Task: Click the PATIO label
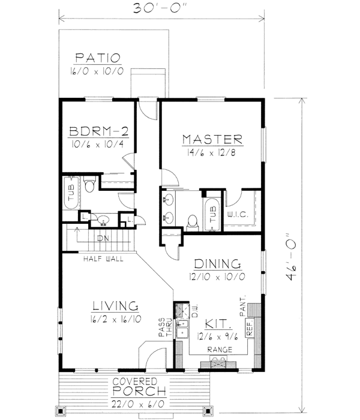pyautogui.click(x=98, y=58)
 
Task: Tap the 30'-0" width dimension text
pyautogui.click(x=160, y=8)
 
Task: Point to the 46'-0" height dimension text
pyautogui.click(x=290, y=257)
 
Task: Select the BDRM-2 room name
pyautogui.click(x=98, y=131)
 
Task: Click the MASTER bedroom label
pyautogui.click(x=212, y=140)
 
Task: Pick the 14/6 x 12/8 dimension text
pyautogui.click(x=211, y=153)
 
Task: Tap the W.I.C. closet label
pyautogui.click(x=238, y=214)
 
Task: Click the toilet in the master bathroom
pyautogui.click(x=193, y=223)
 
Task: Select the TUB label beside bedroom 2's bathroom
pyautogui.click(x=71, y=192)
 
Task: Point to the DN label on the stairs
pyautogui.click(x=103, y=238)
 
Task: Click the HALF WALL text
pyautogui.click(x=103, y=259)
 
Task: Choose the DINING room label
pyautogui.click(x=217, y=264)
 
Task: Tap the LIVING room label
pyautogui.click(x=115, y=306)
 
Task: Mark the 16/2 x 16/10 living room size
pyautogui.click(x=116, y=319)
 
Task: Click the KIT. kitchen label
pyautogui.click(x=218, y=324)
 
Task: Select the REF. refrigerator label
pyautogui.click(x=250, y=328)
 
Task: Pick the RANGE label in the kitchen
pyautogui.click(x=220, y=350)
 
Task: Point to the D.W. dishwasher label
pyautogui.click(x=195, y=311)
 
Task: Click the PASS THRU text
pyautogui.click(x=165, y=327)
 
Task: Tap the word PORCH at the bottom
pyautogui.click(x=139, y=391)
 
